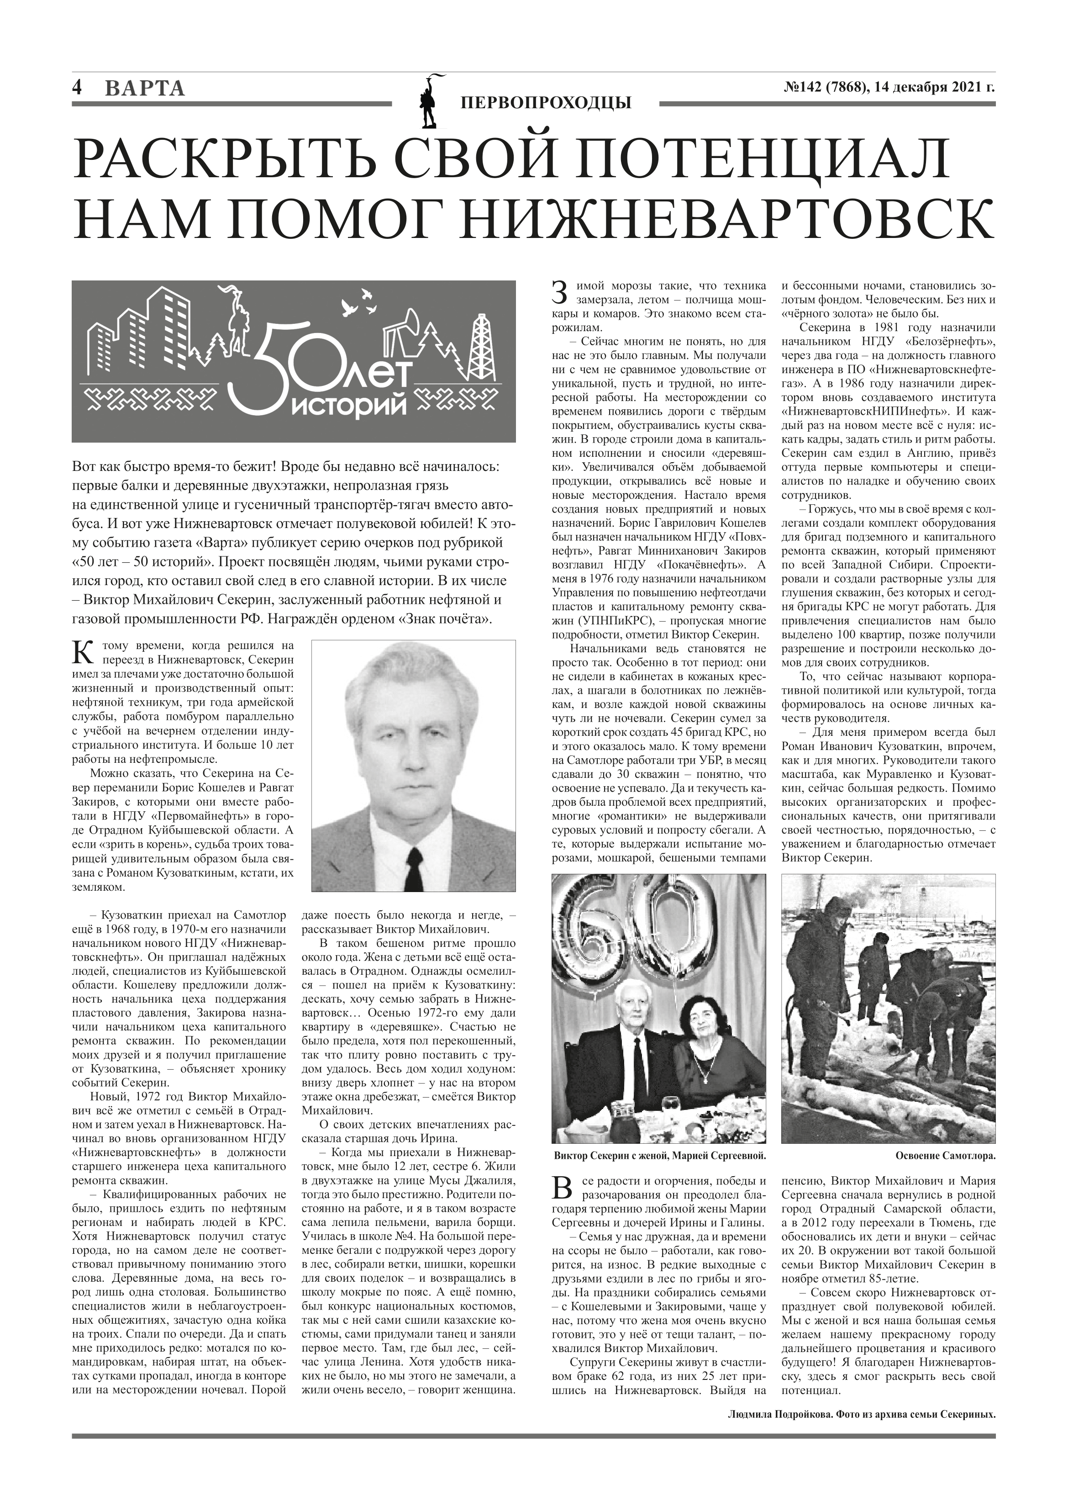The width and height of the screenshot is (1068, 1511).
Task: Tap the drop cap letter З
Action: pyautogui.click(x=559, y=292)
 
